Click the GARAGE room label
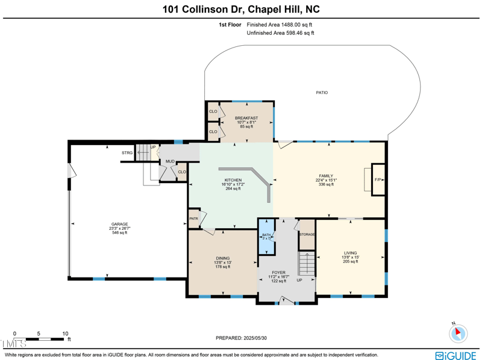coord(119,224)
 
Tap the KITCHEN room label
coord(233,180)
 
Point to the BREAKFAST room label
coord(246,118)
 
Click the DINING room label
coord(222,258)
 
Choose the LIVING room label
coord(350,253)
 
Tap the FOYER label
coord(278,272)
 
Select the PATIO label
coord(322,93)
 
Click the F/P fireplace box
coord(378,180)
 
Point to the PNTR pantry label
coord(193,219)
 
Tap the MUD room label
coord(171,161)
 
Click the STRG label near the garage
coord(127,153)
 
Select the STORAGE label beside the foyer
coord(307,234)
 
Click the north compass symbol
coord(457,332)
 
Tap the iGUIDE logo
coord(456,355)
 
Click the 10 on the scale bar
coord(65,333)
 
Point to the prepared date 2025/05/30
coord(240,338)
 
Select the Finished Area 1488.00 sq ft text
coord(280,25)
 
